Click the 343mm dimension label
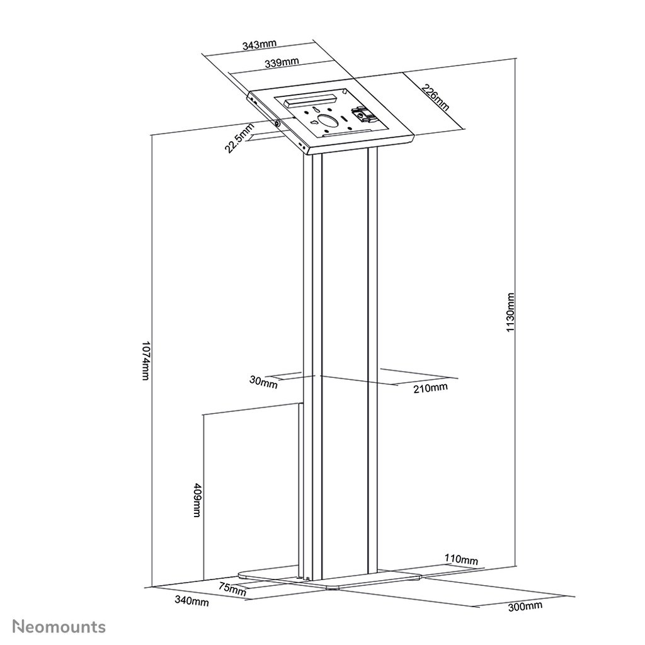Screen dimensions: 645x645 pos(260,45)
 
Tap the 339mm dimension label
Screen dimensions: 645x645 pos(282,63)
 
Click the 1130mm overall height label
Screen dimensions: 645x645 pos(510,312)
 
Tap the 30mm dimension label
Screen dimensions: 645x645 pos(264,382)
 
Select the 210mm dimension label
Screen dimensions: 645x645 pos(430,388)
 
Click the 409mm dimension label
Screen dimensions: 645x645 pos(197,500)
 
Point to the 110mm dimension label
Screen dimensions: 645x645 pos(461,559)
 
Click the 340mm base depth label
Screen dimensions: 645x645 pos(191,602)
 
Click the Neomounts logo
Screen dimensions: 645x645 pos(59,627)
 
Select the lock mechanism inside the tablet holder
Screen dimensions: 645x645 pos(362,115)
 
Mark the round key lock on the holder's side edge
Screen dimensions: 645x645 pos(277,123)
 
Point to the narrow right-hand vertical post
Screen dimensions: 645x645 pos(373,359)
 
